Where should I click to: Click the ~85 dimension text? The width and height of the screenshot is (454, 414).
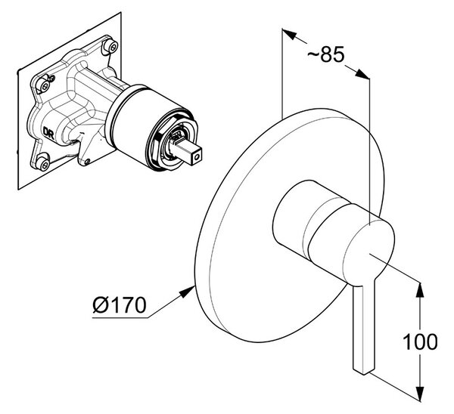click(x=325, y=54)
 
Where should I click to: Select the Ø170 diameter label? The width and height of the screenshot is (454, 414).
click(x=120, y=305)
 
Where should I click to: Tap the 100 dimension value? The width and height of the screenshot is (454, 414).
click(x=420, y=341)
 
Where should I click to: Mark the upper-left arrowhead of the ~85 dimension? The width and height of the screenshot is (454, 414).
click(x=289, y=34)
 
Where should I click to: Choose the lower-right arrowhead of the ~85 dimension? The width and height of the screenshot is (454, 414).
click(x=362, y=74)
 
